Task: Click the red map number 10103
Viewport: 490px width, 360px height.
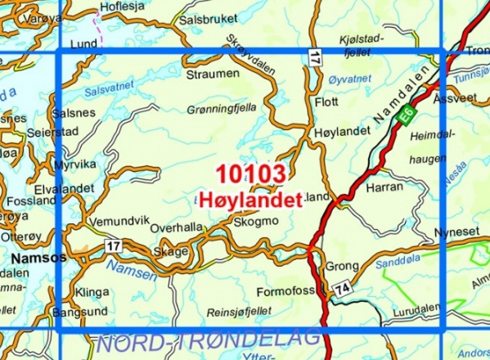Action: pos(251,173)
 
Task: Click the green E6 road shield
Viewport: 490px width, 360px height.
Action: pos(407,118)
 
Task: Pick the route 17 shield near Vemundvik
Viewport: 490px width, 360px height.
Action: pos(112,244)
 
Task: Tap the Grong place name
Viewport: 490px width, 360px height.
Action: pos(342,266)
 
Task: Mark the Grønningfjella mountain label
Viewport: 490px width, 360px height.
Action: pos(221,107)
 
